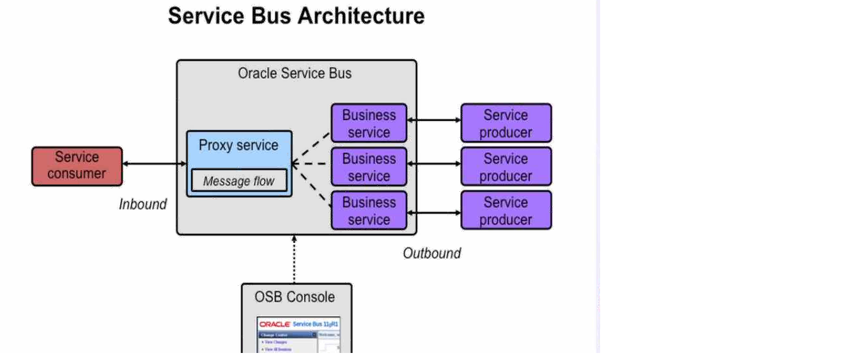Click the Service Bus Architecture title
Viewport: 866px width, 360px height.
[296, 16]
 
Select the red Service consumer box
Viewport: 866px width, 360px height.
[77, 166]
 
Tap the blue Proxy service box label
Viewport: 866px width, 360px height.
[238, 145]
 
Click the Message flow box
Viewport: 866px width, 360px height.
[238, 182]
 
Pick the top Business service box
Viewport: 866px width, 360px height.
[369, 123]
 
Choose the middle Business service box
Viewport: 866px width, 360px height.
[369, 167]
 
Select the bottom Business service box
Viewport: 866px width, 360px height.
[369, 210]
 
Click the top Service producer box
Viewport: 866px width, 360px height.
[506, 123]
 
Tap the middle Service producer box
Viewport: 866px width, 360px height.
[506, 167]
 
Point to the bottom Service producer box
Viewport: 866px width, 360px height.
[506, 210]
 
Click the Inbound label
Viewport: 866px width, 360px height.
[143, 205]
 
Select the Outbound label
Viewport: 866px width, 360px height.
[431, 253]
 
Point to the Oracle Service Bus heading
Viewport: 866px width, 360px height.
[295, 74]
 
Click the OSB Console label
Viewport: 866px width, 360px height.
[294, 297]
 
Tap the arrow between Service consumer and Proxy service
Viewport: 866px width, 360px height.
[154, 164]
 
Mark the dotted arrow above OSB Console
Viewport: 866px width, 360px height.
[295, 259]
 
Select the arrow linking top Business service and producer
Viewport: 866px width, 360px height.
[434, 120]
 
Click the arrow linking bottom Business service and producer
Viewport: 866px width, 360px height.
[434, 212]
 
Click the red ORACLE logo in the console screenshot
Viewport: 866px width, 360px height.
[275, 325]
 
